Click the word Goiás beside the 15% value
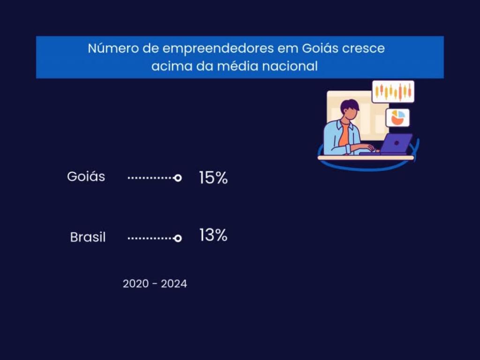tap(86, 177)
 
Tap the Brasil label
tap(88, 237)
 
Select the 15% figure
tap(213, 178)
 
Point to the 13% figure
tap(213, 235)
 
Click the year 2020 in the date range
tap(136, 284)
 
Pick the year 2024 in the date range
tap(174, 284)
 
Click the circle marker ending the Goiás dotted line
tap(178, 178)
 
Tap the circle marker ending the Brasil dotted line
tap(178, 238)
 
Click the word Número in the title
tap(112, 48)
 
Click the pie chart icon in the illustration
tap(397, 118)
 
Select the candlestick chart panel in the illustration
tap(393, 91)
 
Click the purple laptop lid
tap(396, 143)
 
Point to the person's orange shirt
tap(345, 134)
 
